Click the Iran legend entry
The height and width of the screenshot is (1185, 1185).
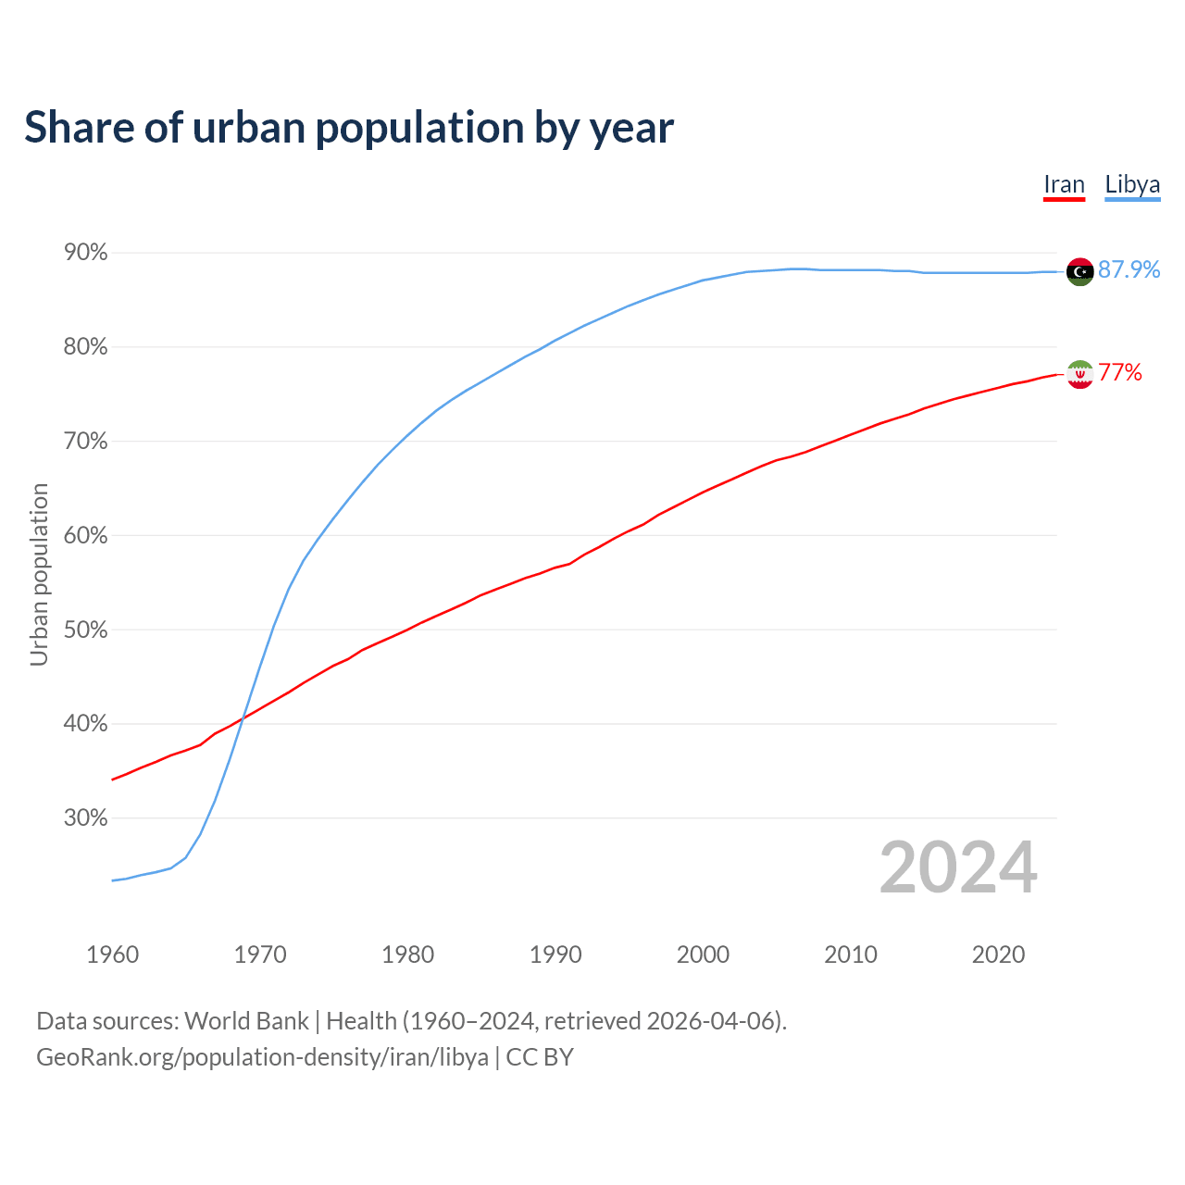coord(1064,185)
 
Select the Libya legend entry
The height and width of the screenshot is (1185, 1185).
coord(1132,185)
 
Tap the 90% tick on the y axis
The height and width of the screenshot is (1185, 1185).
coord(85,253)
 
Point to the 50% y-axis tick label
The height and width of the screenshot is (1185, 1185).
coord(85,630)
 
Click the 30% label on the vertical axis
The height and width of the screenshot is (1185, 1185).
coord(85,818)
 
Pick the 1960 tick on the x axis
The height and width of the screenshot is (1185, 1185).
coord(112,954)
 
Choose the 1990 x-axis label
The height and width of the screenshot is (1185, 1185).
coord(555,954)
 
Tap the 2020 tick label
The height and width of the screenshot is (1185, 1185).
coord(998,954)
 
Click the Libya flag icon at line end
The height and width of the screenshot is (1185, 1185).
coord(1079,271)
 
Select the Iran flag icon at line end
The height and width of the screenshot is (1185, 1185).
coord(1079,374)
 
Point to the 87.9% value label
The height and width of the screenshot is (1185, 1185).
coord(1129,269)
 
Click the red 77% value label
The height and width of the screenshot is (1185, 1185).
coord(1120,373)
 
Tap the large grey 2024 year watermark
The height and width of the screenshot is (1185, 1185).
coord(958,868)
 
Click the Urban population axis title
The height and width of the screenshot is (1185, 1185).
coord(39,574)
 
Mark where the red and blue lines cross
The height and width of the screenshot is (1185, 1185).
coord(243,714)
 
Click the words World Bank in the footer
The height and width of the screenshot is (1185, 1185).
coord(246,1021)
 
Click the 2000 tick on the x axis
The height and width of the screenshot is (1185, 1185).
coord(703,954)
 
